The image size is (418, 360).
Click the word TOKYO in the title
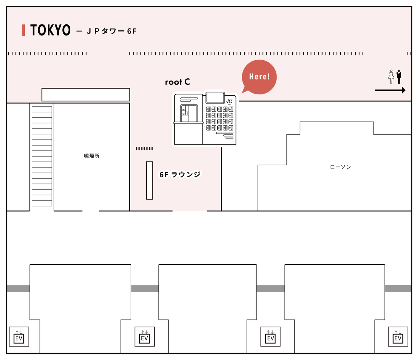[x=50, y=30]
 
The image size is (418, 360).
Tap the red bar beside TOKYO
[x=23, y=30]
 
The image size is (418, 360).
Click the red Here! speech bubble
[x=259, y=77]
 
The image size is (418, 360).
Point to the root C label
[x=177, y=82]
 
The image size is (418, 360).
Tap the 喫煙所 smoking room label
[x=92, y=156]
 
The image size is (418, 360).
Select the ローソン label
[x=340, y=167]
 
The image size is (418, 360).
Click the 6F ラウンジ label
[x=180, y=174]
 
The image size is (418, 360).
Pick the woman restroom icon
[x=391, y=77]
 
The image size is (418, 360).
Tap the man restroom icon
[x=399, y=77]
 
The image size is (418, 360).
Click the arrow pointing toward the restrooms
[x=390, y=91]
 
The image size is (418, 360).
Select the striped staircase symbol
[x=42, y=156]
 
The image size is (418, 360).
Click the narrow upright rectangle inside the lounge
[x=149, y=180]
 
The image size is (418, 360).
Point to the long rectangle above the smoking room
[x=86, y=95]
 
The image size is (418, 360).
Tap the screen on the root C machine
[x=215, y=98]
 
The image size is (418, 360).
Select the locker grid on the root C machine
[x=219, y=118]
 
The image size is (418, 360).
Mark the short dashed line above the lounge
[x=145, y=149]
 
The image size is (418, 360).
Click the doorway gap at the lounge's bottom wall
[x=189, y=211]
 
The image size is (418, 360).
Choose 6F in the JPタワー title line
[x=132, y=31]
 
